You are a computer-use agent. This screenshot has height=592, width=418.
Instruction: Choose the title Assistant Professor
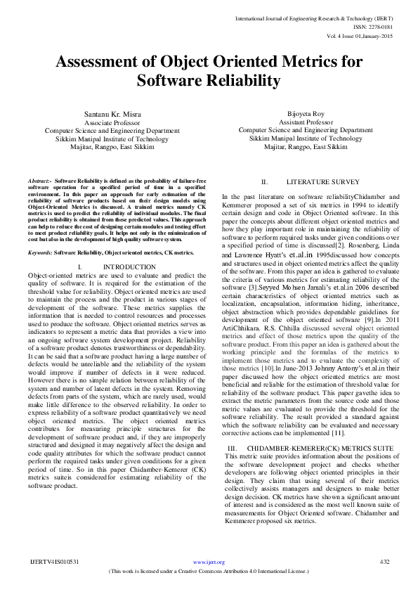pyautogui.click(x=306, y=122)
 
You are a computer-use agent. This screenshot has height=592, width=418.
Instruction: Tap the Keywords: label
pyautogui.click(x=40, y=252)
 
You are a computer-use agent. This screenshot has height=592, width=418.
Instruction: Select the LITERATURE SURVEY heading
pyautogui.click(x=317, y=181)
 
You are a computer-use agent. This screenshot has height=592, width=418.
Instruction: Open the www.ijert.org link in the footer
pyautogui.click(x=208, y=562)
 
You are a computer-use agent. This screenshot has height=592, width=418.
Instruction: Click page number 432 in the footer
pyautogui.click(x=384, y=562)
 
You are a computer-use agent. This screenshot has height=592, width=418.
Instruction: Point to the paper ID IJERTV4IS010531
pyautogui.click(x=55, y=562)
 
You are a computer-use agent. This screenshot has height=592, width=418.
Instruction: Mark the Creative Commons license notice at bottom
pyautogui.click(x=209, y=571)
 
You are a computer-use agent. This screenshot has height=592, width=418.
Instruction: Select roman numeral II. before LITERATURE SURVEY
pyautogui.click(x=266, y=181)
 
